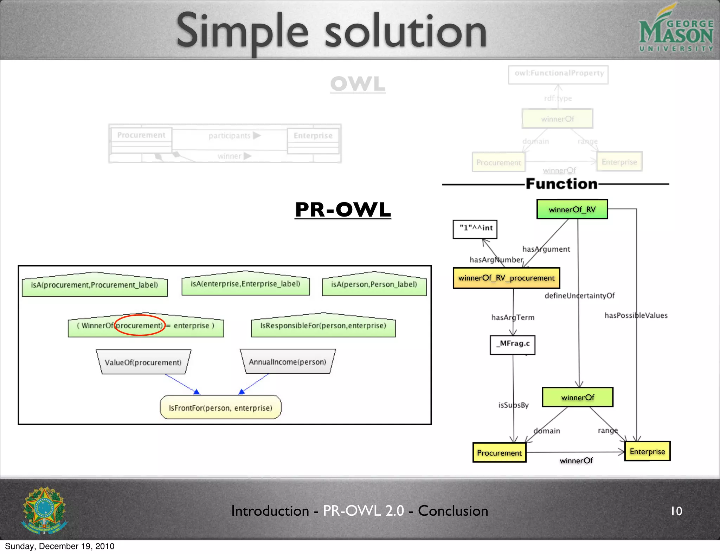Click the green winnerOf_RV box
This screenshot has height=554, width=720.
[x=572, y=210]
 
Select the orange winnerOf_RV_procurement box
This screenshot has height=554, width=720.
[x=506, y=278]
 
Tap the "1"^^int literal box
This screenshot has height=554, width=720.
[x=475, y=229]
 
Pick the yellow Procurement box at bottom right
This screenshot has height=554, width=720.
[x=499, y=453]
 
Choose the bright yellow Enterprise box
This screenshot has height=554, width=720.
[x=647, y=451]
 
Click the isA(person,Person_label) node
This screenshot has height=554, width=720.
[x=374, y=285]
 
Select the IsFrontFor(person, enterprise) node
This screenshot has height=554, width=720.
[x=220, y=408]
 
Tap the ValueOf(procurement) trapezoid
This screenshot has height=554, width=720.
[x=143, y=362]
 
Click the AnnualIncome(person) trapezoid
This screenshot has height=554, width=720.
[x=287, y=362]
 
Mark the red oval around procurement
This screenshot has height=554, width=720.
[x=140, y=325]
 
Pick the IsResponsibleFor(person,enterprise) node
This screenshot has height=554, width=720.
[x=323, y=326]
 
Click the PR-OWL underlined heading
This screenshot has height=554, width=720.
[x=343, y=210]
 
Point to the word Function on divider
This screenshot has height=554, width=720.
[x=561, y=184]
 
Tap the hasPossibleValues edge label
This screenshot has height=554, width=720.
[x=636, y=315]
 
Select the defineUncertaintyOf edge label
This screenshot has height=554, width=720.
[x=579, y=296]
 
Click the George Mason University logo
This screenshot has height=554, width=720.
[x=676, y=28]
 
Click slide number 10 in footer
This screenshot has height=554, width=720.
[x=676, y=511]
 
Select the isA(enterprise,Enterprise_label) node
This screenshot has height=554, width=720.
[x=245, y=284]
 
